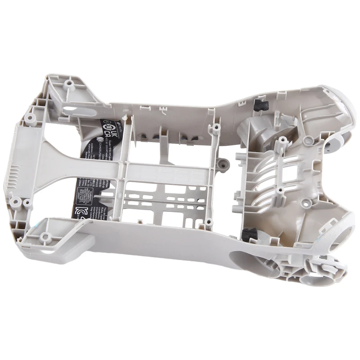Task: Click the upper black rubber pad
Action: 260,105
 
